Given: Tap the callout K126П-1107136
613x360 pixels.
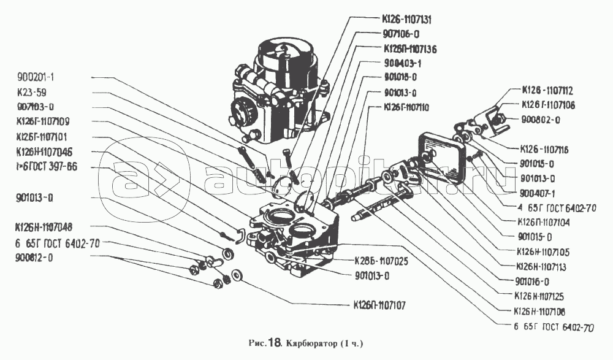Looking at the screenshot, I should [410, 48].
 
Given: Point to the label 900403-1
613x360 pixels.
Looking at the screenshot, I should [403, 63].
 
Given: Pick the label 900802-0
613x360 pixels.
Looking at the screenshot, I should [540, 120].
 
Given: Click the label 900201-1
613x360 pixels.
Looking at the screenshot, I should [37, 78].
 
